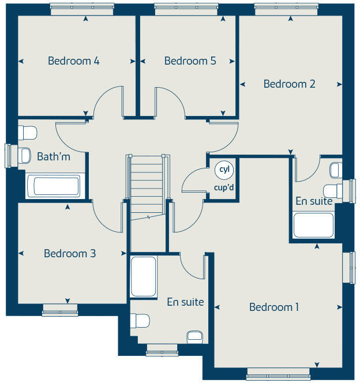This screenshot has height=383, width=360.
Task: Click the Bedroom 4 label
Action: coord(73,61)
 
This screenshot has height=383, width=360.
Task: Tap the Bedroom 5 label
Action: coord(190,61)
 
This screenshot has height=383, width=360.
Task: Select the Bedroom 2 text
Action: coord(289,84)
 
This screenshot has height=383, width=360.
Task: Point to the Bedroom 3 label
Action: coord(70,253)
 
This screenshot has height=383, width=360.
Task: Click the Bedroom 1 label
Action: coord(274,307)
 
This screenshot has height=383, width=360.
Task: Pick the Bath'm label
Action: coord(54,156)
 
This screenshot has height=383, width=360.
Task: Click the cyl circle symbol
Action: coord(223,170)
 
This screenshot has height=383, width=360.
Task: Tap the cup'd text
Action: coord(223,187)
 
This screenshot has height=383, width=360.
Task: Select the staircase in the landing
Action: coord(147,188)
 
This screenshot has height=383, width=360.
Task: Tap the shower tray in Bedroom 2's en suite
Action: coord(313,225)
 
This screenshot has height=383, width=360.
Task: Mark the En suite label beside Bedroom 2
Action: coord(314,201)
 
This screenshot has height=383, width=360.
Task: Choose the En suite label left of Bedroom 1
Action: coord(185,302)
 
